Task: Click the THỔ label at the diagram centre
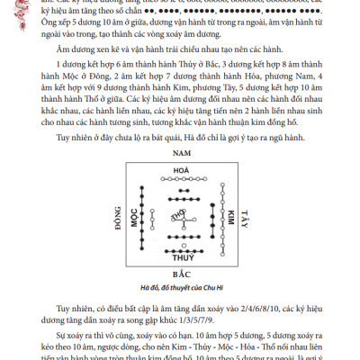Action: [179, 215]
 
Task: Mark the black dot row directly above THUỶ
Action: [179, 245]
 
